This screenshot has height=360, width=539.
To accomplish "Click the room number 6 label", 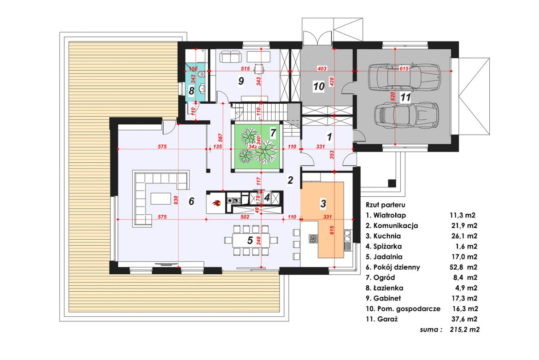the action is pyautogui.click(x=192, y=201).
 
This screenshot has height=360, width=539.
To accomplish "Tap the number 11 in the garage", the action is pyautogui.click(x=405, y=97).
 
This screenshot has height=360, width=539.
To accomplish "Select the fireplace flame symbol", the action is pyautogui.click(x=216, y=203).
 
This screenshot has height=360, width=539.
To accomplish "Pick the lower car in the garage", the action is pyautogui.click(x=405, y=114).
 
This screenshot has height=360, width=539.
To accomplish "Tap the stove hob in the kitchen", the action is pyautogui.click(x=313, y=239).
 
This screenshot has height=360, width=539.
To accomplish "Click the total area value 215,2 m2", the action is pyautogui.click(x=465, y=330).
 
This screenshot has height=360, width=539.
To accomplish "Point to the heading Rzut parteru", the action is pyautogui.click(x=385, y=205).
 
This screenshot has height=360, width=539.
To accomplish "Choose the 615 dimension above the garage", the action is pyautogui.click(x=404, y=69).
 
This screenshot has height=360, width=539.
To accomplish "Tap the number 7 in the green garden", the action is pyautogui.click(x=273, y=133).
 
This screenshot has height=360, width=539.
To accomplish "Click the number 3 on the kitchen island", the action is pyautogui.click(x=323, y=204).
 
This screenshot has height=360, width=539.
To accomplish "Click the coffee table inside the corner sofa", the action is pyautogui.click(x=160, y=198).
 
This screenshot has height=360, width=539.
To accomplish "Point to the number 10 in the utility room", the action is pyautogui.click(x=319, y=86).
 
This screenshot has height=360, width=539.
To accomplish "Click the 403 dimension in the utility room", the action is pyautogui.click(x=322, y=69).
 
